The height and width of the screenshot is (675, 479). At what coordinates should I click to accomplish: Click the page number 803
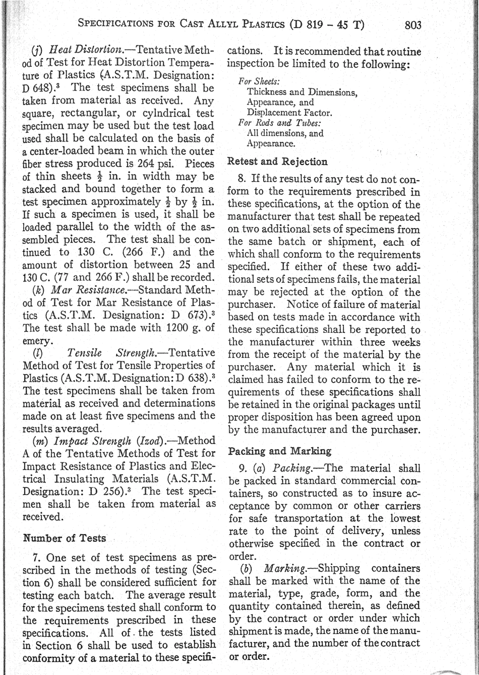tap(409, 25)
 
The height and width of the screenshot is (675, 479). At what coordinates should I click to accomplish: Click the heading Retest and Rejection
tap(277, 162)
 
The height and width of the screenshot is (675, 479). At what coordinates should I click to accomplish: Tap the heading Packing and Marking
tap(280, 451)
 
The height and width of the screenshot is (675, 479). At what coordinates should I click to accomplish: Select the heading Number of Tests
tap(65, 538)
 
